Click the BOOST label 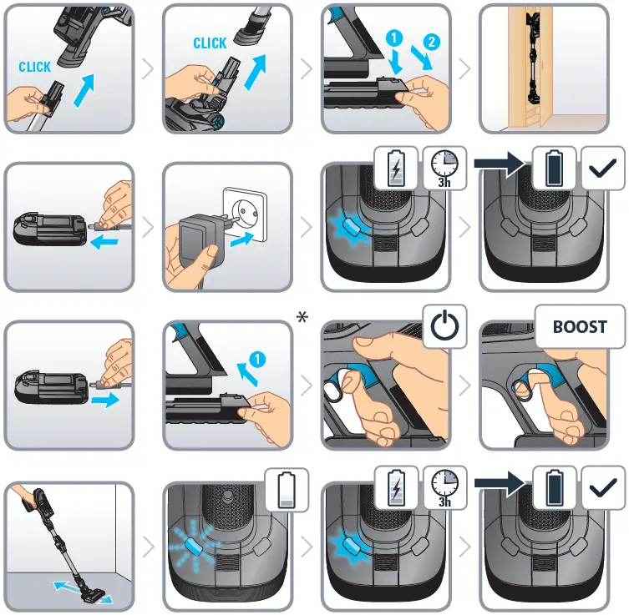(580, 326)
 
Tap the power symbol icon (445, 325)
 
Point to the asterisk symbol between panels (302, 318)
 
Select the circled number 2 (432, 42)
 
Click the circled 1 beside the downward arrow (394, 38)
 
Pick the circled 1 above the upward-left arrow (257, 359)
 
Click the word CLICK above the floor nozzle (210, 43)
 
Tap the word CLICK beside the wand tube (35, 67)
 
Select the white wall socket (245, 214)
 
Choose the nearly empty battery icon (287, 491)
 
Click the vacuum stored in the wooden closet (534, 58)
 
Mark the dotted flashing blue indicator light (194, 544)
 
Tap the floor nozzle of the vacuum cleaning (93, 595)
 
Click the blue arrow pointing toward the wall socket (242, 239)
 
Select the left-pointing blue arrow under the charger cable (104, 242)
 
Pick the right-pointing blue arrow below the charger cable (105, 400)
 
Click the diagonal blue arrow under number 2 (422, 58)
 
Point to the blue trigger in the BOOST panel (545, 374)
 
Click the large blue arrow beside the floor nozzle (255, 73)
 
